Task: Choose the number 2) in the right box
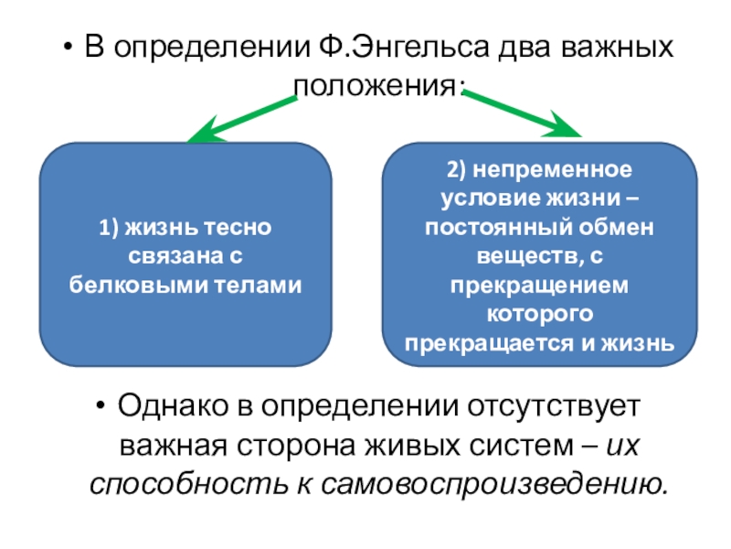[457, 171]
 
